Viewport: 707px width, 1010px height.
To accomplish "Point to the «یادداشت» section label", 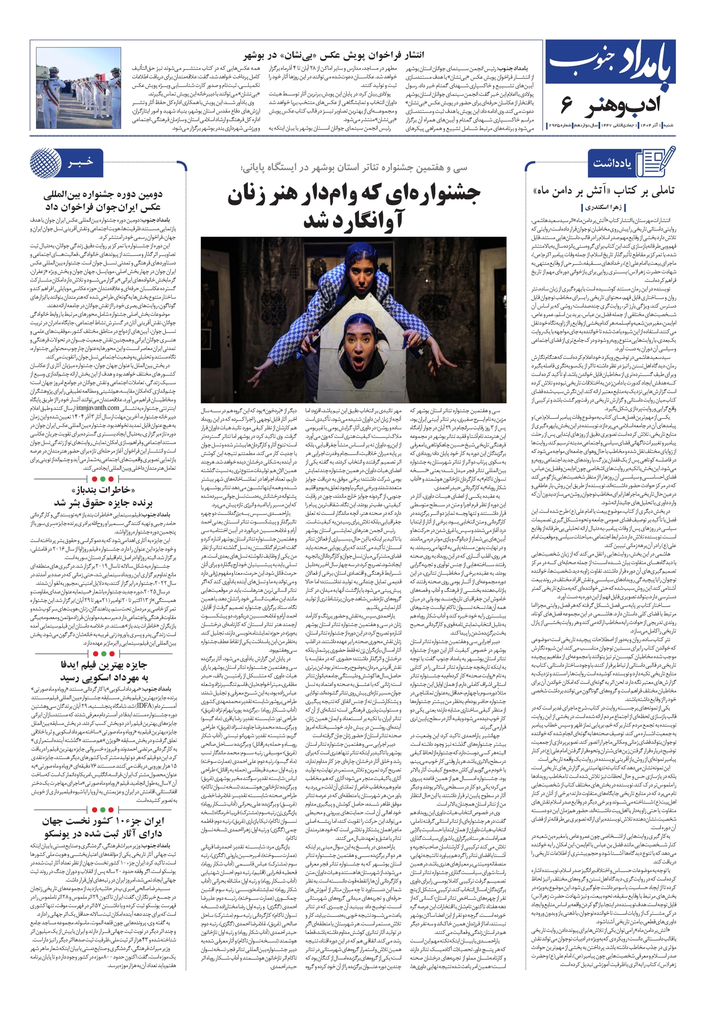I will click(612, 163).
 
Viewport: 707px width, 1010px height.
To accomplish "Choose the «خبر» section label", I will click(80, 162).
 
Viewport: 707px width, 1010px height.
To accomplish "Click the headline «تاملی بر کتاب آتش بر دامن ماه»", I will click(603, 191).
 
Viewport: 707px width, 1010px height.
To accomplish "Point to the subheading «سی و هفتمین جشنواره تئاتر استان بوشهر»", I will click(354, 168).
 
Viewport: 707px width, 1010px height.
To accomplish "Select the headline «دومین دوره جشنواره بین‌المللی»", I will click(103, 195).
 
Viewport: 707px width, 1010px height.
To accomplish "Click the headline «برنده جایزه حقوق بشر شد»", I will click(103, 502).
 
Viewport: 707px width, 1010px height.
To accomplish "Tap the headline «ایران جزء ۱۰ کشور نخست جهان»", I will click(103, 821).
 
